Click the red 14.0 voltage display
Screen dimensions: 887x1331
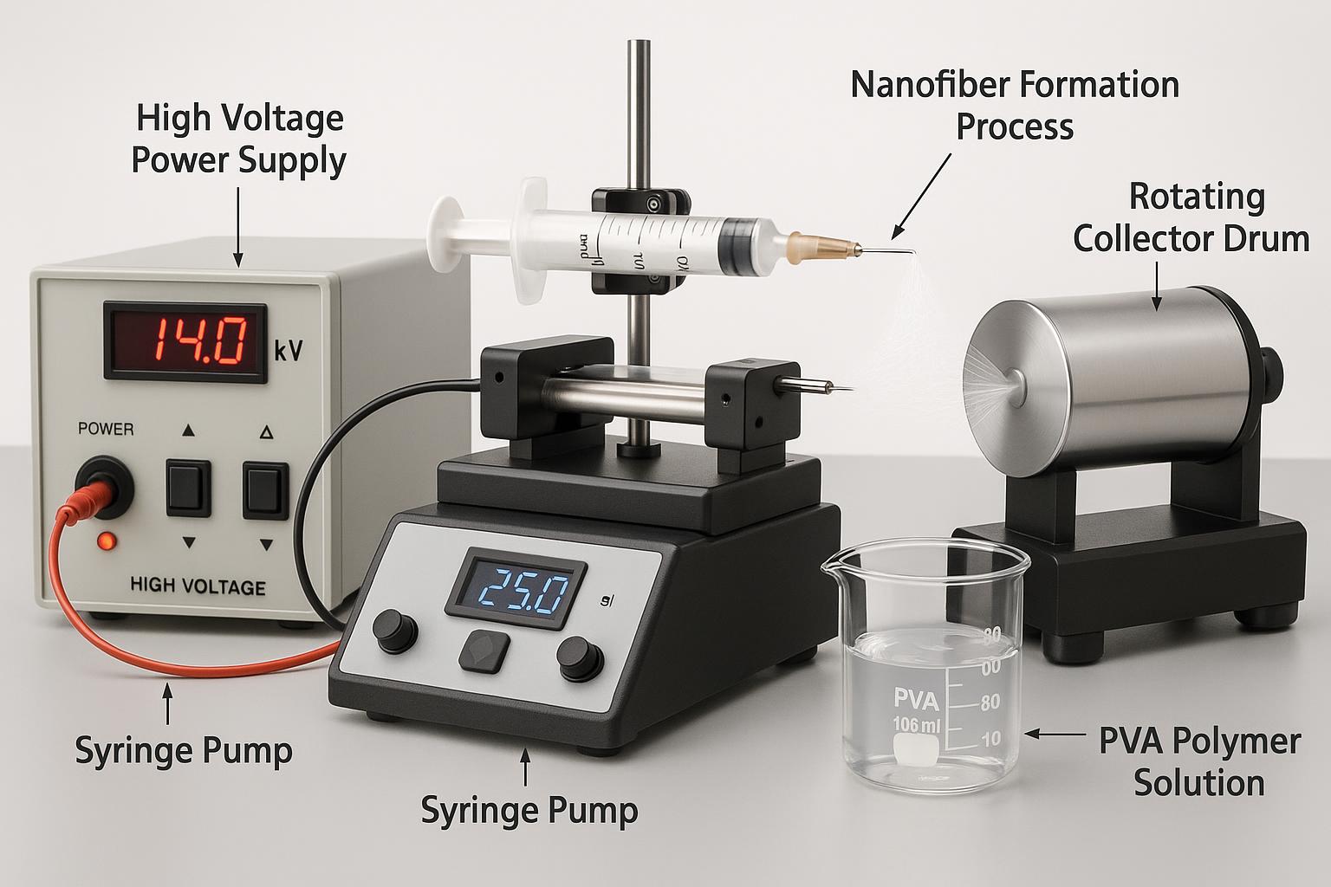(x=184, y=341)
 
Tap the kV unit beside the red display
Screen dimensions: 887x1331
(x=289, y=351)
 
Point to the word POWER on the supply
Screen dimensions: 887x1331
(x=106, y=428)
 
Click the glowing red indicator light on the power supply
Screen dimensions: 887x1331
(x=107, y=541)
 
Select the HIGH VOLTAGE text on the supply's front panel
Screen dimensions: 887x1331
(x=198, y=586)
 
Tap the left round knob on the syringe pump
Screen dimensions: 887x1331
(x=393, y=630)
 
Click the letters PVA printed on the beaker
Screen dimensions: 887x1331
(x=915, y=698)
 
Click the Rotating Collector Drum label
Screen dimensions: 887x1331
(x=1192, y=217)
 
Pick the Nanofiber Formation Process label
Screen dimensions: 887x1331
(x=1015, y=106)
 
